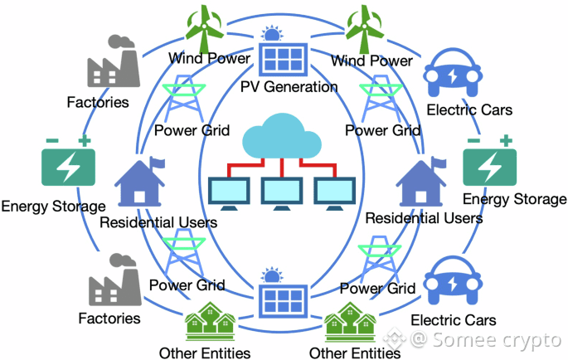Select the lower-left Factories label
[109, 318]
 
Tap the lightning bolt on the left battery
[68, 169]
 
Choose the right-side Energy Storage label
[514, 199]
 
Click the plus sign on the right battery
[505, 142]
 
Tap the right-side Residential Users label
[424, 218]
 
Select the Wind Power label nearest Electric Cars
[371, 60]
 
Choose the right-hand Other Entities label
[353, 353]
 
